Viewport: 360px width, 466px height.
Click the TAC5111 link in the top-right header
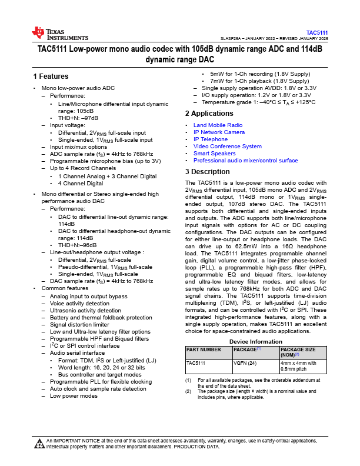pos(317,32)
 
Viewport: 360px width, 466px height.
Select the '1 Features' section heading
pos(51,76)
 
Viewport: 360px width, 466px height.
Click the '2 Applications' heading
pos(209,114)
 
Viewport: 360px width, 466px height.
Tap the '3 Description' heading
pos(208,172)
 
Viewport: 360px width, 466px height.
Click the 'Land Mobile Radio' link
pos(218,125)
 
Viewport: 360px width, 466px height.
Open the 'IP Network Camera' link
pos(219,132)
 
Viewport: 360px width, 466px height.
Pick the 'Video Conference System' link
pos(227,147)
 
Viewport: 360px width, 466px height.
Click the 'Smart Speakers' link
pos(214,154)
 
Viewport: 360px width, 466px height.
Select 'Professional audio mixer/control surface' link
pos(245,161)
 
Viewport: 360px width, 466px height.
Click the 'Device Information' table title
pos(255,342)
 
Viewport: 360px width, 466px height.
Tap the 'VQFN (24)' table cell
pos(245,364)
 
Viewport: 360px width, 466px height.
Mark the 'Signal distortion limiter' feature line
pos(79,325)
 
